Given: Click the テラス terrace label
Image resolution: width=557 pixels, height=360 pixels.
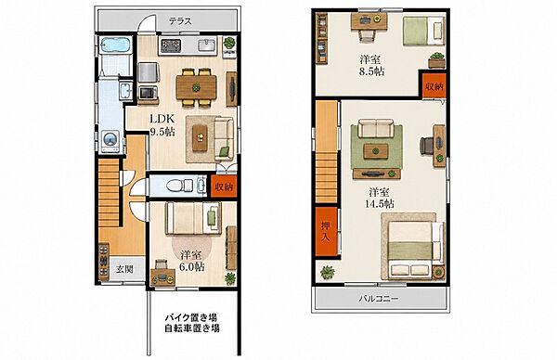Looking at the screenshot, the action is point(180,21).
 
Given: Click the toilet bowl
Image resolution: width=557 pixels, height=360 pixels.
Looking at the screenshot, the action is point(179,186).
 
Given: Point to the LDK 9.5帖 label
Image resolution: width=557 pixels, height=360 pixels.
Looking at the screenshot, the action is point(162,125).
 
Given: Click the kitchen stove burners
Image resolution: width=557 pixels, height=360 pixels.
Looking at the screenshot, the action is point(171,45).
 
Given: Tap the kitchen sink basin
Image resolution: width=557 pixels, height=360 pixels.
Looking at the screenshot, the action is point(206,45).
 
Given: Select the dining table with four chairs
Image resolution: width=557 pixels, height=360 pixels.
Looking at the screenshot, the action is point(196,87).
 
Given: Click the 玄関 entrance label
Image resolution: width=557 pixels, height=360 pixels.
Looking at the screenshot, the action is point(125,269).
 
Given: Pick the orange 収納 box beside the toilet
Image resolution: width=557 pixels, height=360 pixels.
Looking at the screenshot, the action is point(224,186).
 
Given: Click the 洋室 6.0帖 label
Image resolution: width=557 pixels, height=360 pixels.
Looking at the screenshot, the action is point(191,261).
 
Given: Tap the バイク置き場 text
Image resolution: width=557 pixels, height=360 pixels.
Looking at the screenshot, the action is point(191,316).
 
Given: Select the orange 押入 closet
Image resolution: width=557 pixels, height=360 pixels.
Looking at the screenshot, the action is point(326,231).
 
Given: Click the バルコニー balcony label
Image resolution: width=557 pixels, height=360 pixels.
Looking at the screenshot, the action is point(378,299).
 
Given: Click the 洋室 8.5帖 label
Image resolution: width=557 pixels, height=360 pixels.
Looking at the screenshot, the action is point(371,65).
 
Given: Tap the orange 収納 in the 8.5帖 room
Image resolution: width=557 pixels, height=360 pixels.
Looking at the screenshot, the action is point(434,85).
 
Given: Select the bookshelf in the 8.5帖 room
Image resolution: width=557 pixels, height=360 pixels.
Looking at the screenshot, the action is point(322,38).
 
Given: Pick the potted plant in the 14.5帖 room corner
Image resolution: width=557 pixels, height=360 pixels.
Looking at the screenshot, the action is point(327,272).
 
